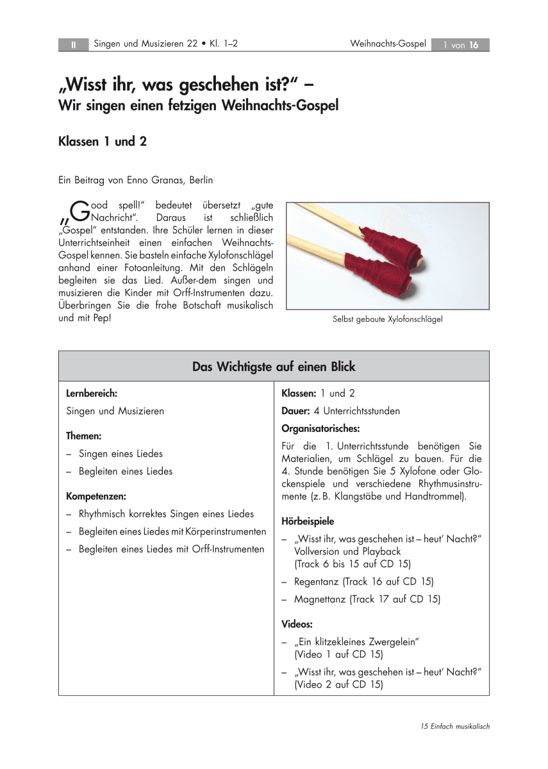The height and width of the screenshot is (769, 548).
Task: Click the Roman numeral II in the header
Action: (74, 45)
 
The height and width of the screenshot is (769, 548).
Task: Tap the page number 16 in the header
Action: (474, 45)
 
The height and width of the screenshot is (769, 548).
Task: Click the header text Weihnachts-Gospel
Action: (388, 44)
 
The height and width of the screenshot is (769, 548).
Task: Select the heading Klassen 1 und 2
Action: (103, 142)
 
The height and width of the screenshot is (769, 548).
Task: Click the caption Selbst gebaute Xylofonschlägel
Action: (387, 318)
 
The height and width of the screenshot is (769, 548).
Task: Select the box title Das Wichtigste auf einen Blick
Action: (274, 367)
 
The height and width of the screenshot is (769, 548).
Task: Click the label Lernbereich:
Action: (92, 393)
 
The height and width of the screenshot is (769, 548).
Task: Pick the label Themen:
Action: (84, 436)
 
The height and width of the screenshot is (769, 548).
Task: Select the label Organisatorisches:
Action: (320, 428)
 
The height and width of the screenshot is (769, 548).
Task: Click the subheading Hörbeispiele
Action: (308, 521)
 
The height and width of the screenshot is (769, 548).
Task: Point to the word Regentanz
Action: (316, 582)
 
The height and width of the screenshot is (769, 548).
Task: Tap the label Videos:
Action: (297, 624)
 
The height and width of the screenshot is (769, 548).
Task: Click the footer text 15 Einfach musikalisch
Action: (455, 726)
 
